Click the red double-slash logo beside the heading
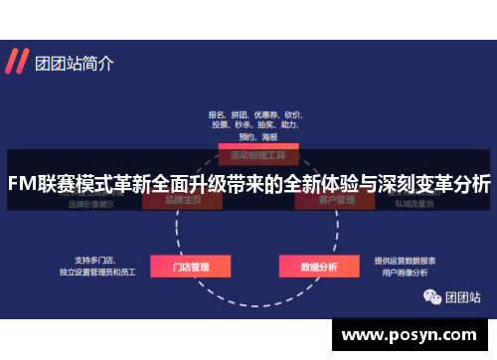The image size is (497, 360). tap(16, 63)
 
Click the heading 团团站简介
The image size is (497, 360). tap(75, 63)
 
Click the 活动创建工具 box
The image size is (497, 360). tap(257, 155)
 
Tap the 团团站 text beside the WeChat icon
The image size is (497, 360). tap(462, 295)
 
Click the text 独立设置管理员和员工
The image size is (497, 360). tap(97, 270)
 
